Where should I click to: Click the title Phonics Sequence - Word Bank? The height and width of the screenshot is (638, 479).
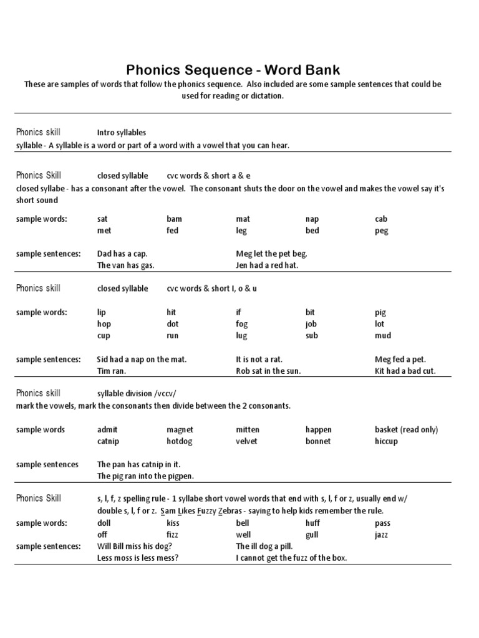click(233, 69)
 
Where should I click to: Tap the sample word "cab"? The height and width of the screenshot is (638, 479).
click(380, 219)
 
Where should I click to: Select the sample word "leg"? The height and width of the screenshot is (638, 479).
click(241, 231)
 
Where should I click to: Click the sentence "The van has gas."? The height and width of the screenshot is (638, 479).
click(125, 265)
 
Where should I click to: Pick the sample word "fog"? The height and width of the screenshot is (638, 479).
click(241, 324)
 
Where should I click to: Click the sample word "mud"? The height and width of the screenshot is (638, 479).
click(382, 336)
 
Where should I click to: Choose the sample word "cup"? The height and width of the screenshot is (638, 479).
click(104, 336)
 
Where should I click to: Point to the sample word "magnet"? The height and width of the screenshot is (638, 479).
click(180, 429)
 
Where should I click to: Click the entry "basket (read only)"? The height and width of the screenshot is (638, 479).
click(406, 429)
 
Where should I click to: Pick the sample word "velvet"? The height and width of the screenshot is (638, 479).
click(246, 441)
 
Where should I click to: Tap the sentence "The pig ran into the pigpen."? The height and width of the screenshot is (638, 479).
click(145, 477)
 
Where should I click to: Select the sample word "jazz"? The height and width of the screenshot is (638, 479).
click(382, 535)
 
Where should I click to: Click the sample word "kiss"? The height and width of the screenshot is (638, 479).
click(173, 523)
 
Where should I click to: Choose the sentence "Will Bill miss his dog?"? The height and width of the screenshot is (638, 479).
click(135, 546)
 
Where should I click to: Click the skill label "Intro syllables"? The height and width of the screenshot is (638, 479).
click(121, 133)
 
